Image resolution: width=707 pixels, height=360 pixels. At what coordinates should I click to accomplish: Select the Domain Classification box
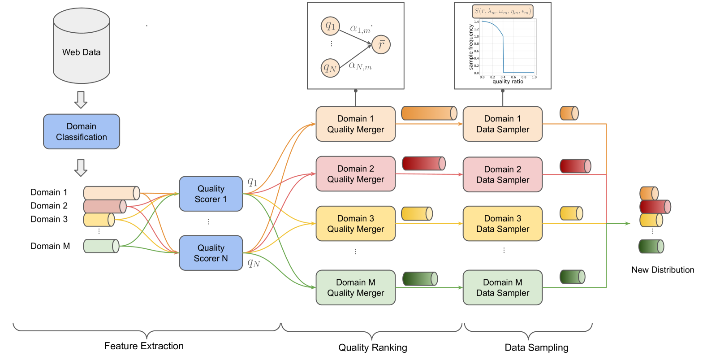81,131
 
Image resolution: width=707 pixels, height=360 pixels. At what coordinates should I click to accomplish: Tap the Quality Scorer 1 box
211,194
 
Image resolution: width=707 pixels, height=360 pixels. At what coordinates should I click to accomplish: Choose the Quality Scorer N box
211,253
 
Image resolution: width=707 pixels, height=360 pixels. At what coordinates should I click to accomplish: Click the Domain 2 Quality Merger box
355,174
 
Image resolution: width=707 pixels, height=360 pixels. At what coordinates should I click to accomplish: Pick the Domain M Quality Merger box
355,287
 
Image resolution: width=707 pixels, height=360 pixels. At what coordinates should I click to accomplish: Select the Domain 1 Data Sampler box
502,124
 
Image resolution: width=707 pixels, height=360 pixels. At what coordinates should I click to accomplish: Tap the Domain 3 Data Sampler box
502,224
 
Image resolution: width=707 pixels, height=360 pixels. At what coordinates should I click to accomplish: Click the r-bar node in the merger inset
381,44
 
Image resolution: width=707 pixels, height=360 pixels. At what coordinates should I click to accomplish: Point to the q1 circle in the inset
330,26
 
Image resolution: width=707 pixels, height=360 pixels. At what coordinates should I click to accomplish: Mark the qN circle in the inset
330,68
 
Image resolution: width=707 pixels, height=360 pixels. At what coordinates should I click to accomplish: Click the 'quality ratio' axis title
508,82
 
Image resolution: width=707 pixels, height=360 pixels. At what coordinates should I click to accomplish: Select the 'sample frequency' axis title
471,47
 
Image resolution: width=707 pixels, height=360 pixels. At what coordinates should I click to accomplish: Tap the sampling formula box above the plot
502,11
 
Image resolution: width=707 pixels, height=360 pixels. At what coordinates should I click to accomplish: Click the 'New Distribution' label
663,270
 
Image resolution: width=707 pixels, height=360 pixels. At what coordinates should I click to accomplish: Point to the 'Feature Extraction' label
144,346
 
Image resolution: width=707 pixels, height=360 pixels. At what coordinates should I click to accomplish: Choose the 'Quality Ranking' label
372,347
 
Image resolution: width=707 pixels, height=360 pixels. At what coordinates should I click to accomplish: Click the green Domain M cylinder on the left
101,246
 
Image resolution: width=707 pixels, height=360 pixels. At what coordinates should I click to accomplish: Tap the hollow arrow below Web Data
81,100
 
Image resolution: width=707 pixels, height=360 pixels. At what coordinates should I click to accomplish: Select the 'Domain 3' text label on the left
49,219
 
